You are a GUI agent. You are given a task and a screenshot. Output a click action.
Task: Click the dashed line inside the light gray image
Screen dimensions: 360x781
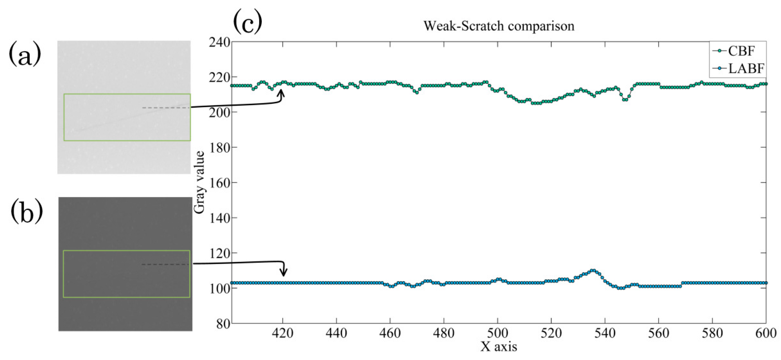coord(166,108)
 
